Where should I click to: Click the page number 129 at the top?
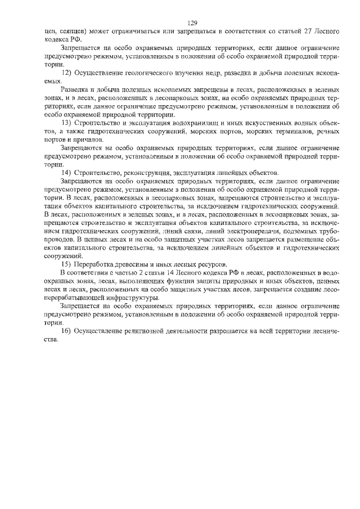191,23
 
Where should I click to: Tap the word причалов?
89,140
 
